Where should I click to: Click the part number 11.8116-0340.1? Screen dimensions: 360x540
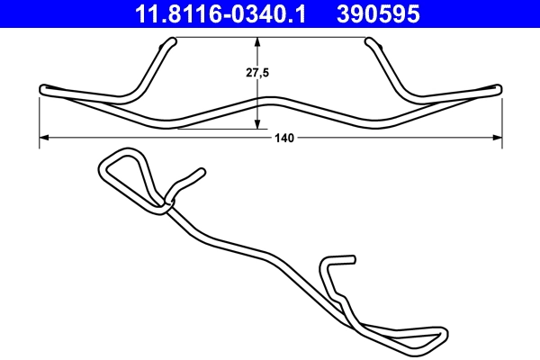pos(220,13)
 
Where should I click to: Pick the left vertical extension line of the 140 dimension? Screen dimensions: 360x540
pos(40,117)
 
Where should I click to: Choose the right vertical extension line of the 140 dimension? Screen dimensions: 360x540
pos(500,117)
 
